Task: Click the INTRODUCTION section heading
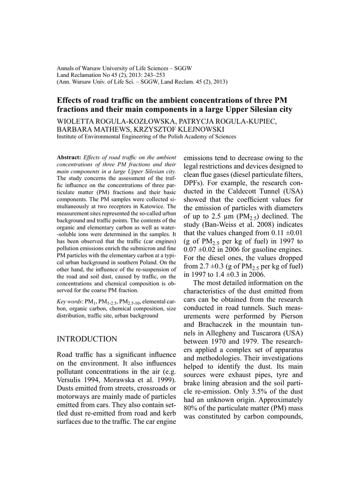[x=87, y=339]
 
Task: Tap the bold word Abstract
[x=69, y=157]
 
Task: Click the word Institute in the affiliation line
[x=69, y=137]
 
